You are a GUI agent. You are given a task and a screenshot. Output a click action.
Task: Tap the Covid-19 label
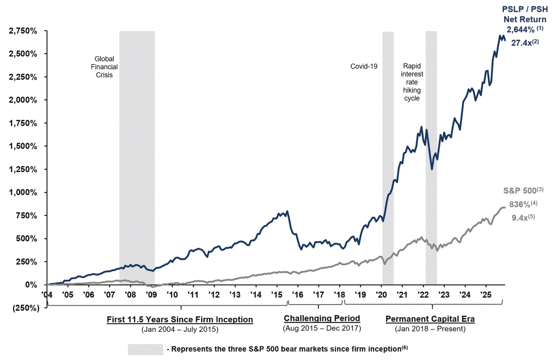pyautogui.click(x=363, y=66)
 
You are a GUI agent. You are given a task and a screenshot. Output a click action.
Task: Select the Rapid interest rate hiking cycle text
pyautogui.click(x=411, y=83)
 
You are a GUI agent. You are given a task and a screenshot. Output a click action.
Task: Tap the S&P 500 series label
pyautogui.click(x=519, y=191)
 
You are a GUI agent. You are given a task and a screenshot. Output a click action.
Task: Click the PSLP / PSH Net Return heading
pyautogui.click(x=525, y=15)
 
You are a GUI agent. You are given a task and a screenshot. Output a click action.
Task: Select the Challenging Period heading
pyautogui.click(x=322, y=319)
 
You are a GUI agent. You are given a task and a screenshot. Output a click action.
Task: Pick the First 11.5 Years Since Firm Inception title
pyautogui.click(x=180, y=320)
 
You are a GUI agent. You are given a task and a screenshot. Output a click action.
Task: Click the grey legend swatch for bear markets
pyautogui.click(x=145, y=349)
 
